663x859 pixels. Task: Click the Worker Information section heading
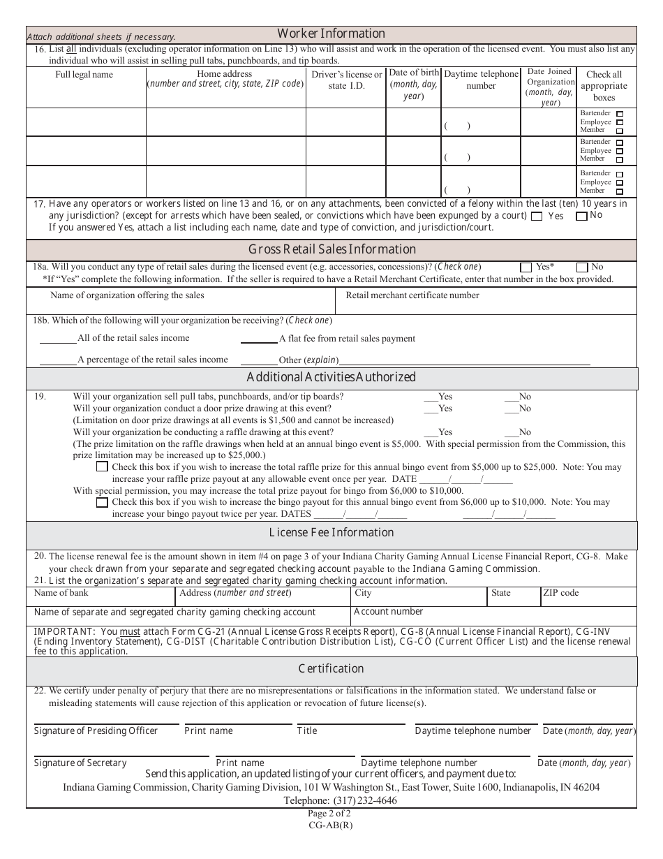331,34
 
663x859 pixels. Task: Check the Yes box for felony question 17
537,216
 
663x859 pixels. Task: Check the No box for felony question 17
581,216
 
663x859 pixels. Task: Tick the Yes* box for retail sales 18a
526,267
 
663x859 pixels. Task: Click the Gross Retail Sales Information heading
331,249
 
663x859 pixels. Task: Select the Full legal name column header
84,75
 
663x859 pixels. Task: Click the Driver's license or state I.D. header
347,80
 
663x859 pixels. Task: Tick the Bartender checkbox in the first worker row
620,113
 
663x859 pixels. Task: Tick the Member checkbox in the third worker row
620,191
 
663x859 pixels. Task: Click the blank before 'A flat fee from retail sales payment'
258,339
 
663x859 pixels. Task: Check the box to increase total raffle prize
103,467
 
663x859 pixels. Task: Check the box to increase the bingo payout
103,501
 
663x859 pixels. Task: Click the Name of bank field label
61,593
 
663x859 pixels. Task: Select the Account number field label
388,611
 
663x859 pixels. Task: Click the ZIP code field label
560,593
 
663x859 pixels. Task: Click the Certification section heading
331,668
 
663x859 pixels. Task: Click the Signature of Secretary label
80,763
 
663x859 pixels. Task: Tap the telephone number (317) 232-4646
365,800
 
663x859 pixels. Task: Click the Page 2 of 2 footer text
329,814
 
